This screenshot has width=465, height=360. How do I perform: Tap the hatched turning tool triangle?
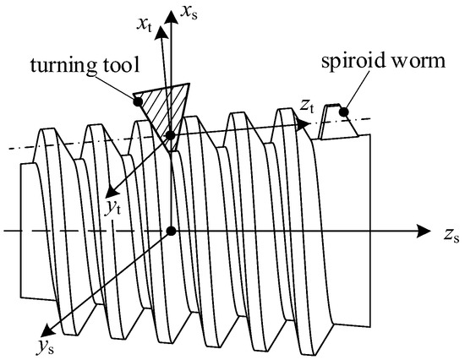coord(166,101)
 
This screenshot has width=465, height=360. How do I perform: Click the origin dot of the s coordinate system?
coord(172,231)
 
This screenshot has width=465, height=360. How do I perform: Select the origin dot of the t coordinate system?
coord(171,135)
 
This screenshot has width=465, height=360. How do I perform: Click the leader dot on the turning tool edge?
coord(135,102)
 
